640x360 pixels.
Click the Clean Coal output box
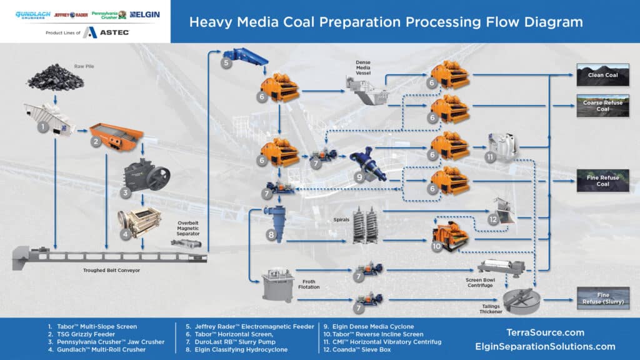pyautogui.click(x=602, y=75)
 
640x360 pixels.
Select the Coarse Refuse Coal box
pyautogui.click(x=602, y=106)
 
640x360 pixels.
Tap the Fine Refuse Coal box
pyautogui.click(x=602, y=181)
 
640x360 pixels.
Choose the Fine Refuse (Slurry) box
pyautogui.click(x=603, y=298)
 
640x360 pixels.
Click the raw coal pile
pyautogui.click(x=56, y=77)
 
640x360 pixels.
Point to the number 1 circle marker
pyautogui.click(x=43, y=127)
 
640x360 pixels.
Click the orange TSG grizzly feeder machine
pyautogui.click(x=117, y=136)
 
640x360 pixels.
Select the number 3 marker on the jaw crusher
pyautogui.click(x=125, y=192)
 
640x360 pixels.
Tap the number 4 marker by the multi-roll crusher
pyautogui.click(x=125, y=234)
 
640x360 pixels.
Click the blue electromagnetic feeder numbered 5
pyautogui.click(x=245, y=56)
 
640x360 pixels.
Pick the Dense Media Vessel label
pyautogui.click(x=363, y=67)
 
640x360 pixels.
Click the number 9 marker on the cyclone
pyautogui.click(x=359, y=177)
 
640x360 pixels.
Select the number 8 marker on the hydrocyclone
pyautogui.click(x=271, y=235)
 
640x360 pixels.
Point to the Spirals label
pyautogui.click(x=341, y=219)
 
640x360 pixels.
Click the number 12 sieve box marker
pyautogui.click(x=493, y=219)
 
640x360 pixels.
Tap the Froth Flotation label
pyautogui.click(x=309, y=284)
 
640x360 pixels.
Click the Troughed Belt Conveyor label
pyautogui.click(x=111, y=270)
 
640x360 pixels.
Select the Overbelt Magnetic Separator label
pyautogui.click(x=187, y=229)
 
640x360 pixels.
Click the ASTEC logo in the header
pyautogui.click(x=106, y=32)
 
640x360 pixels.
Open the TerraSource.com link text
pyautogui.click(x=545, y=332)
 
